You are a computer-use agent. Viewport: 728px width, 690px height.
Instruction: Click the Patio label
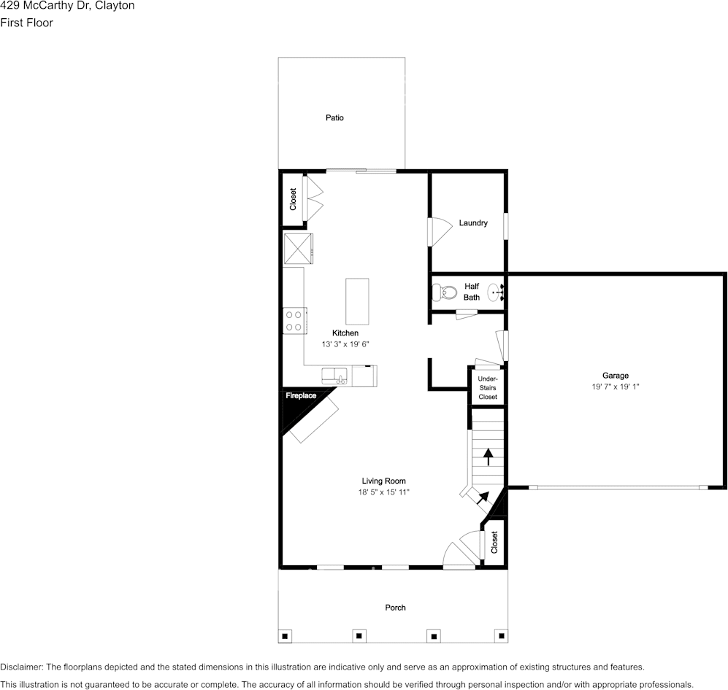pyautogui.click(x=334, y=117)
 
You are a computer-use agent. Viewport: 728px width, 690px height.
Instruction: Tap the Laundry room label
pyautogui.click(x=473, y=223)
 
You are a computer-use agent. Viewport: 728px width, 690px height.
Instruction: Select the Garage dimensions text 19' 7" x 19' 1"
pyautogui.click(x=615, y=387)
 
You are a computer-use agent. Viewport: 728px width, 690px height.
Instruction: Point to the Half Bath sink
pyautogui.click(x=497, y=293)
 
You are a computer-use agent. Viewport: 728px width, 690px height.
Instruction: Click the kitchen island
pyautogui.click(x=357, y=301)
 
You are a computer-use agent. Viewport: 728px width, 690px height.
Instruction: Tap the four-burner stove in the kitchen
pyautogui.click(x=294, y=320)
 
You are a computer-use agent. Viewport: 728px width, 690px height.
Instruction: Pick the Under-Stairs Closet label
pyautogui.click(x=487, y=388)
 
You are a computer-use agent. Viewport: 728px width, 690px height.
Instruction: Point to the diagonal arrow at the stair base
pyautogui.click(x=483, y=497)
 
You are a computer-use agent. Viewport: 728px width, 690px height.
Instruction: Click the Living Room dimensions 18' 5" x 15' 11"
pyautogui.click(x=383, y=492)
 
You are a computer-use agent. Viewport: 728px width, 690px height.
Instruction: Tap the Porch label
pyautogui.click(x=395, y=608)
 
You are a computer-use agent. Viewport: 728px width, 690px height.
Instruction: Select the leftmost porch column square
pyautogui.click(x=286, y=635)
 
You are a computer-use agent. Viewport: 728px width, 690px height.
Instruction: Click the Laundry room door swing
pyautogui.click(x=439, y=232)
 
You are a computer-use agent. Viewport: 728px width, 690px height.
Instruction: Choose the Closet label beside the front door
pyautogui.click(x=494, y=542)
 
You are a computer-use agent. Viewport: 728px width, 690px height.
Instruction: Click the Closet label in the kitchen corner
pyautogui.click(x=293, y=200)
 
